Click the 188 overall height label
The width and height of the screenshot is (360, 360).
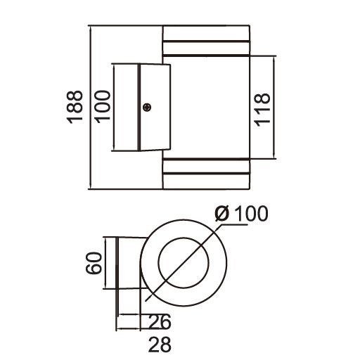point(75,107)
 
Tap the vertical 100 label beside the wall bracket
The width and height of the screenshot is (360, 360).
point(104,107)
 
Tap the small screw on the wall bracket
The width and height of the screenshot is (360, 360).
point(147,107)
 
